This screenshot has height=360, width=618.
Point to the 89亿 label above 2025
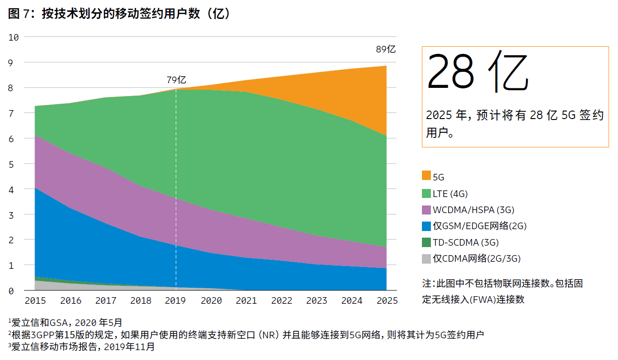pyautogui.click(x=386, y=49)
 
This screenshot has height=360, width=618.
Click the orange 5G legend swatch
pyautogui.click(x=426, y=176)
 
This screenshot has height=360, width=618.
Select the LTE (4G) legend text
pyautogui.click(x=450, y=193)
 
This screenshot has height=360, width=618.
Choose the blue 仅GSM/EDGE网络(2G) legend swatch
pyautogui.click(x=426, y=226)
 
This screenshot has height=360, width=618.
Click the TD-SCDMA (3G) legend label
pyautogui.click(x=466, y=242)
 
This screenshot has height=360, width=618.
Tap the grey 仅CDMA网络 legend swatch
pyautogui.click(x=426, y=258)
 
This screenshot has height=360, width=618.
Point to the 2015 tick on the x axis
pyautogui.click(x=35, y=300)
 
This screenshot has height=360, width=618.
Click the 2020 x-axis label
pyautogui.click(x=211, y=300)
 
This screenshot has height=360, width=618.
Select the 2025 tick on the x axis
pyautogui.click(x=387, y=300)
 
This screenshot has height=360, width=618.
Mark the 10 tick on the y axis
pyautogui.click(x=13, y=37)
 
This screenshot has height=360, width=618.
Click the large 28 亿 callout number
pyautogui.click(x=477, y=73)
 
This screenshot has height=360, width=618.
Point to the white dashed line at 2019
pyautogui.click(x=176, y=189)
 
